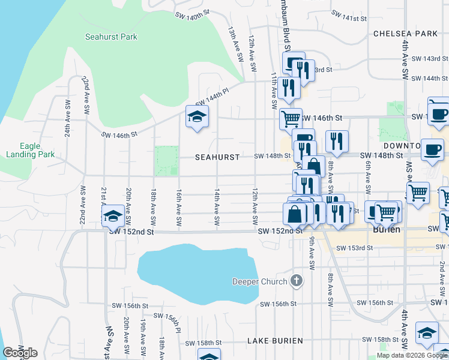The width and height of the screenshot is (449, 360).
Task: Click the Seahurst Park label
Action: pyautogui.click(x=111, y=37)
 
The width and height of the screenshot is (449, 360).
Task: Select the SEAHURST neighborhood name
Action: pyautogui.click(x=217, y=157)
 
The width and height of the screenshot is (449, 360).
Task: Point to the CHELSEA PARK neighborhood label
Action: pyautogui.click(x=405, y=34)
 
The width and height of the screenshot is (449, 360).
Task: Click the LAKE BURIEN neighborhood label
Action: pyautogui.click(x=276, y=341)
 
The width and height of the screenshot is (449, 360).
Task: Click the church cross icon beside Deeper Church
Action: pyautogui.click(x=296, y=280)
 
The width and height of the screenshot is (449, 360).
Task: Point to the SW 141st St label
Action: pyautogui.click(x=348, y=14)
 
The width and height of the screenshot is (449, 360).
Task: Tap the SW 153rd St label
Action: pyautogui.click(x=351, y=248)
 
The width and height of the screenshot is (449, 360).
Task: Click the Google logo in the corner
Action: pyautogui.click(x=20, y=353)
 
